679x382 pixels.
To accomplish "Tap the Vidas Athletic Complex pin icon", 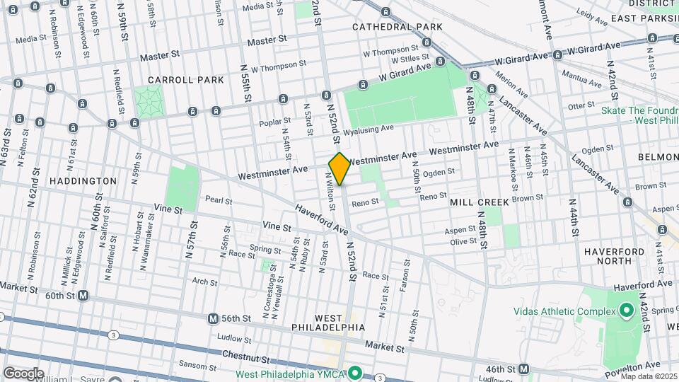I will [x=626, y=311].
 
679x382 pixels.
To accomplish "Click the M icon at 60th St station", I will [x=83, y=295].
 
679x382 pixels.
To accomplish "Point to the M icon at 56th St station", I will [x=213, y=319].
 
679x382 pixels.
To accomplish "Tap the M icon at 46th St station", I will [x=523, y=369].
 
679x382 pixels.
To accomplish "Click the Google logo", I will [x=23, y=374].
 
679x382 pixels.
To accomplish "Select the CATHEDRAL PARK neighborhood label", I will [x=397, y=27].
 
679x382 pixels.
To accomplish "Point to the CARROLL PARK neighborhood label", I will [x=185, y=80].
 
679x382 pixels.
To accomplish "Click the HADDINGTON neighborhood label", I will [x=83, y=181].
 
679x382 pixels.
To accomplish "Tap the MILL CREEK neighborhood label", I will [x=480, y=202].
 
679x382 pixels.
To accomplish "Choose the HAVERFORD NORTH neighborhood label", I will [x=614, y=256].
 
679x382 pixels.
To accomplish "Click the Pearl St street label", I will [x=219, y=201].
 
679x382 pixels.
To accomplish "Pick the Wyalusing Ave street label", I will [x=368, y=130].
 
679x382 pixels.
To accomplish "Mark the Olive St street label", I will [x=463, y=241].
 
